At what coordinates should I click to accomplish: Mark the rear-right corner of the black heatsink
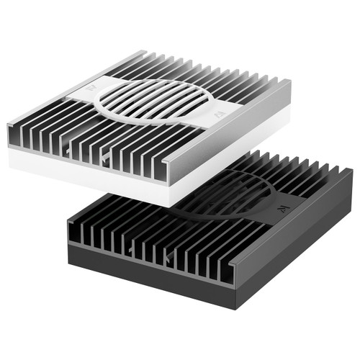coord(351,171)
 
